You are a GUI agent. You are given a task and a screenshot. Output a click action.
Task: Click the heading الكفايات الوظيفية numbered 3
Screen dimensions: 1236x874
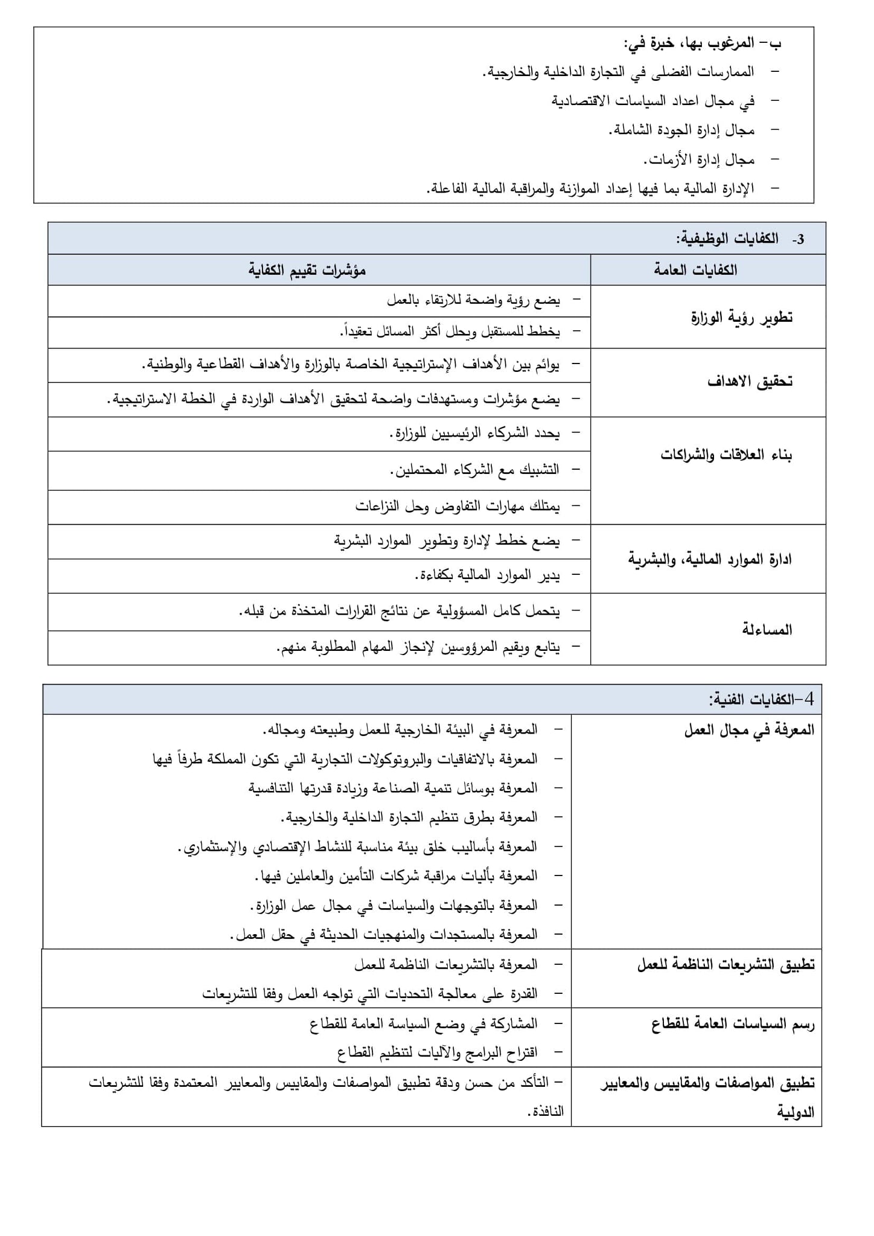click(740, 239)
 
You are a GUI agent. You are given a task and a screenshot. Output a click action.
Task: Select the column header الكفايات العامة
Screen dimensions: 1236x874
click(695, 270)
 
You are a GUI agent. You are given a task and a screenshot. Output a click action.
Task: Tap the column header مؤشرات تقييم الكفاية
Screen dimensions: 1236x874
click(307, 270)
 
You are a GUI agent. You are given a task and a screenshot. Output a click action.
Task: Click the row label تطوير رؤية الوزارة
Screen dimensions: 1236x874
click(741, 318)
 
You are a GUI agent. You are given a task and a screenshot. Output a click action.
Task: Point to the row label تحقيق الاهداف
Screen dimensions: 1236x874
click(750, 382)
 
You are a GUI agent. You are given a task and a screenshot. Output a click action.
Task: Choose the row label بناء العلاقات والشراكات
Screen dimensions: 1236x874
click(726, 455)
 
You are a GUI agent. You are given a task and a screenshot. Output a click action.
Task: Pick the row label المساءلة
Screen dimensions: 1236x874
click(767, 630)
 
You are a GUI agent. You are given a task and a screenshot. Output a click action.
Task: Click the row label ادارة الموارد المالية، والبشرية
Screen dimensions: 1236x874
click(710, 559)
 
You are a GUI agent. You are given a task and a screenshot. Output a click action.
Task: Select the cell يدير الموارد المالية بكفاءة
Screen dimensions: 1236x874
click(488, 576)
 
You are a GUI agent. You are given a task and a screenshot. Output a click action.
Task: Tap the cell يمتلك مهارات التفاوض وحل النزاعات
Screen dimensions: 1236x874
click(458, 507)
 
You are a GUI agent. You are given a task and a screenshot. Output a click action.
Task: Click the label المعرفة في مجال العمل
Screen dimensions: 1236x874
click(749, 731)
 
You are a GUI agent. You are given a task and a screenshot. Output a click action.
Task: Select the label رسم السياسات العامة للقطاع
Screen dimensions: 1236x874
click(733, 1025)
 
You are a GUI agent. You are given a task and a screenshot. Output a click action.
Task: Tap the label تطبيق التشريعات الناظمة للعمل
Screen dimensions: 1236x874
click(726, 965)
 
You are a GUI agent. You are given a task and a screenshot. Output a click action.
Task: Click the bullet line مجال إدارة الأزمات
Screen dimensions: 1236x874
click(698, 160)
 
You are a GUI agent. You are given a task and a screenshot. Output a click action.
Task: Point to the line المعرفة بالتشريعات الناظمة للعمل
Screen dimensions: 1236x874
click(446, 965)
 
